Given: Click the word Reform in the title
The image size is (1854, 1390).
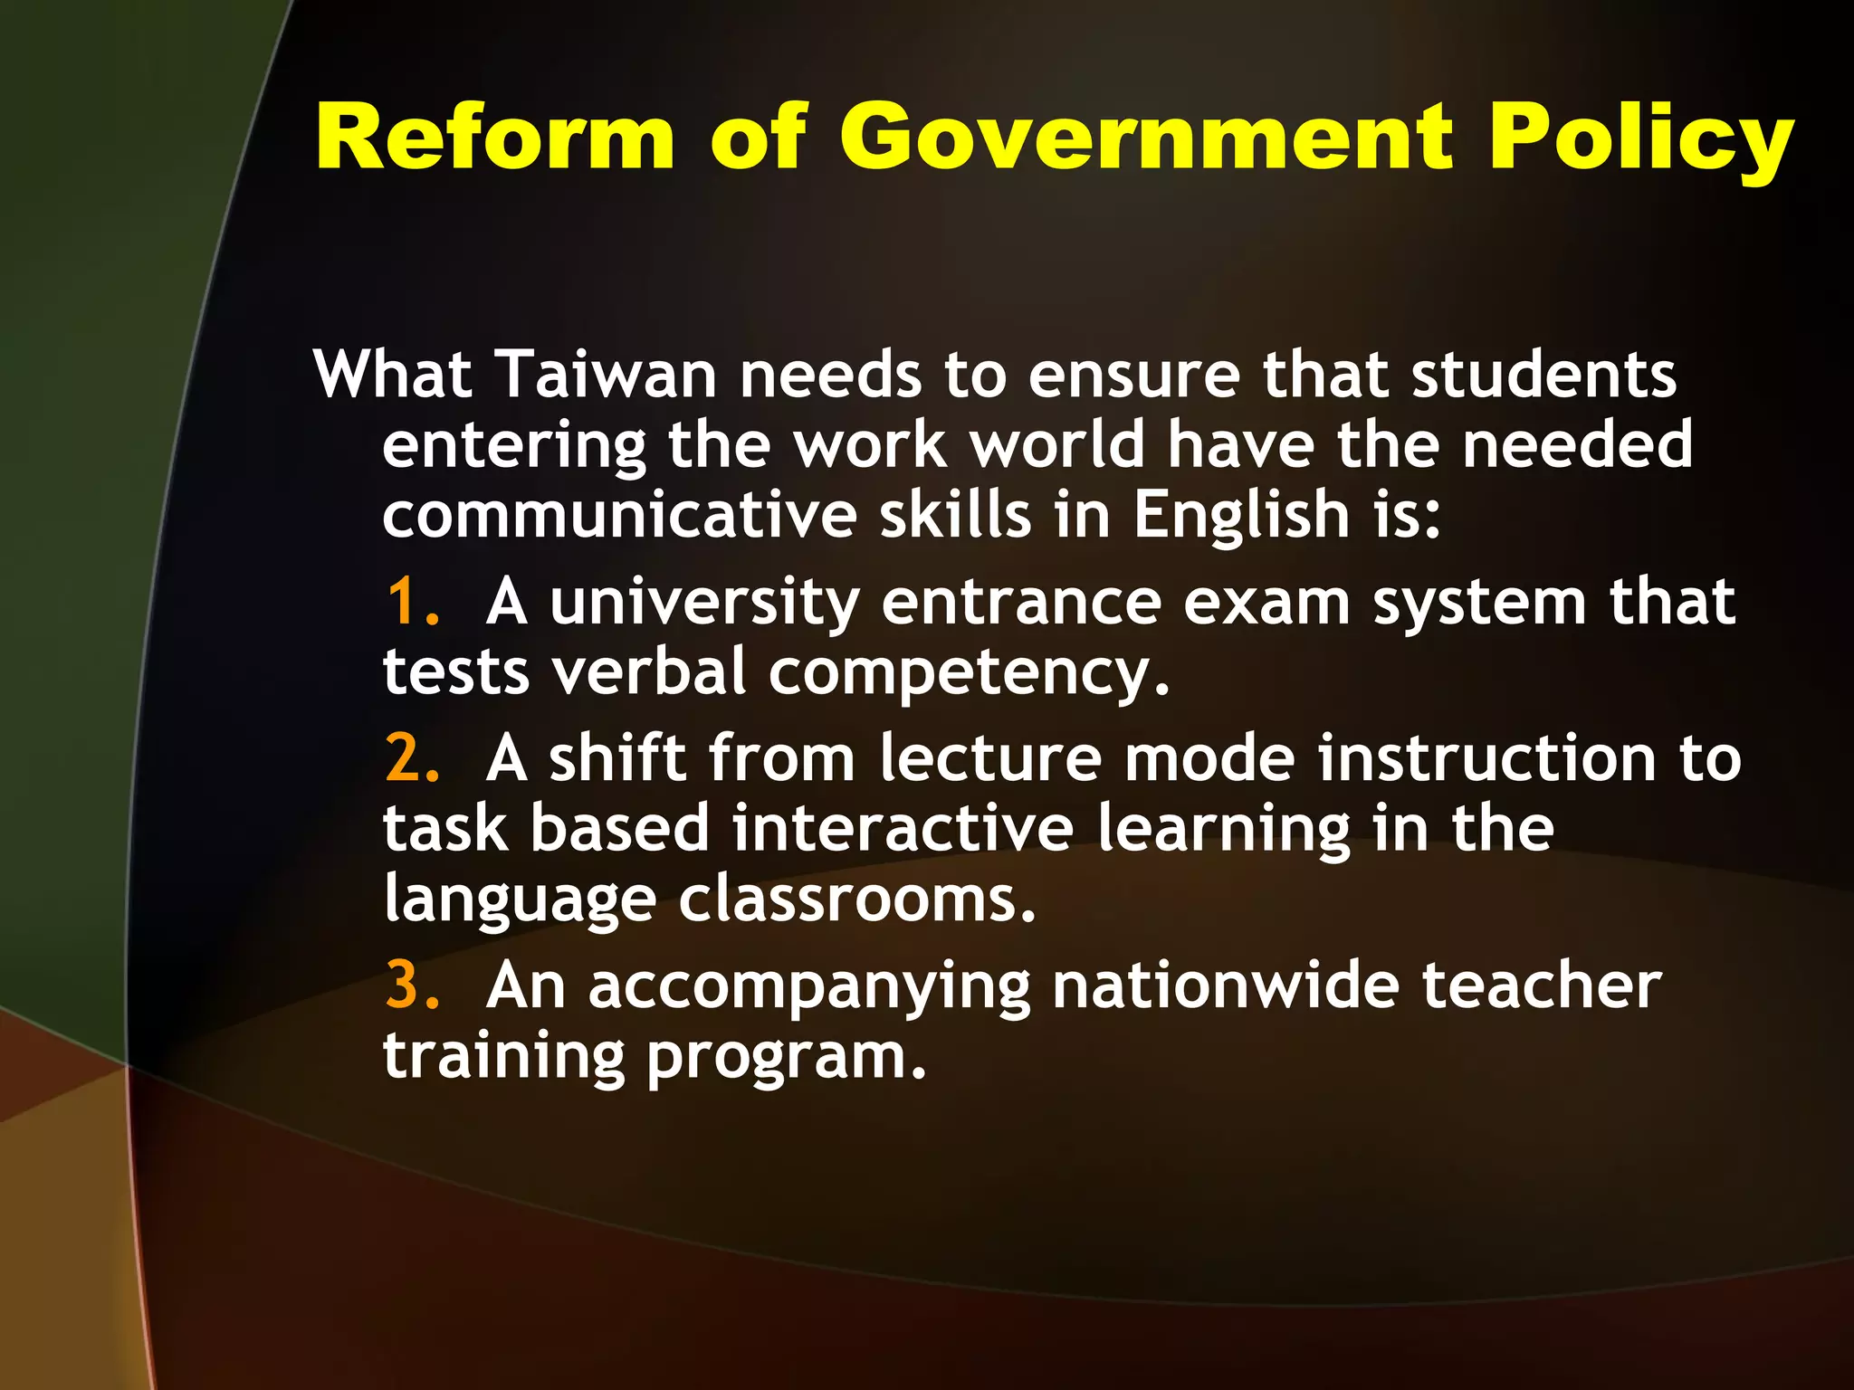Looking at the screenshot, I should tap(495, 138).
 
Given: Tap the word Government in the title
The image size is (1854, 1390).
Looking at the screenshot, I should tap(1147, 138).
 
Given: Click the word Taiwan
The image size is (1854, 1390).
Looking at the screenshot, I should tap(607, 374).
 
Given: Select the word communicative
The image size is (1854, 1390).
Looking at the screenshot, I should tap(619, 514).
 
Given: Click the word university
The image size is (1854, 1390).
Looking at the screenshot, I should tap(704, 603).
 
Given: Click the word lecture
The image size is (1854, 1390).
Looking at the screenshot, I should tap(990, 757).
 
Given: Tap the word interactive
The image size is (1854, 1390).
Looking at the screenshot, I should tap(903, 827).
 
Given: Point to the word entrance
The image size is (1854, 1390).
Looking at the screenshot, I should tap(1021, 603).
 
